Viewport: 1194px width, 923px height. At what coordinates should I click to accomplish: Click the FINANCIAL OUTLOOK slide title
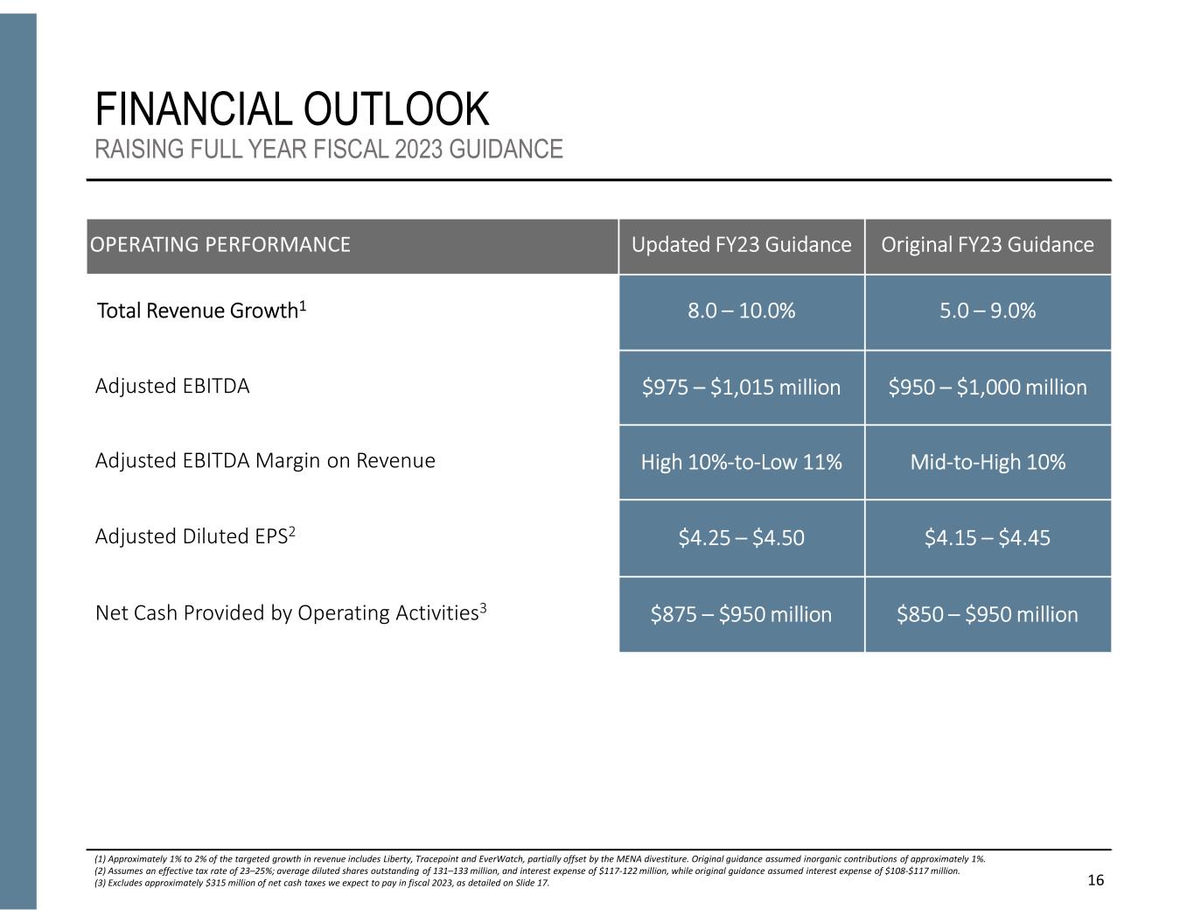point(291,110)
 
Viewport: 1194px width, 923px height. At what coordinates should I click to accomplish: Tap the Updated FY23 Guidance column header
point(741,245)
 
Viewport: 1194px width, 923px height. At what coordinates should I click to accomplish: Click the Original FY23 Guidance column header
point(987,245)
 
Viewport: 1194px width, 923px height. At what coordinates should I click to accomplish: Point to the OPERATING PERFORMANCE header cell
point(220,245)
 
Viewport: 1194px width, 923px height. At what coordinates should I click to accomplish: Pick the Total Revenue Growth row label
point(201,311)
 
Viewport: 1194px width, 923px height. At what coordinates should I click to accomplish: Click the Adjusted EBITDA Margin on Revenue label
point(264,461)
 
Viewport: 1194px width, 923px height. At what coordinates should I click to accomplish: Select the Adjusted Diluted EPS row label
point(195,536)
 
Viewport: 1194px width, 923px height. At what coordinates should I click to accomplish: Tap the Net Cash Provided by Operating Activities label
point(290,612)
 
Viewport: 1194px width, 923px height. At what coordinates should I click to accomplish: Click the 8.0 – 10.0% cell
point(741,311)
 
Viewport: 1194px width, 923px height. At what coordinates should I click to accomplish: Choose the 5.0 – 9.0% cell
point(987,311)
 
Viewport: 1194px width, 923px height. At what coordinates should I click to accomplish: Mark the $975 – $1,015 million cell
point(741,388)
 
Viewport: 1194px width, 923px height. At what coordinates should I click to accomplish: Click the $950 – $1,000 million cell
point(987,388)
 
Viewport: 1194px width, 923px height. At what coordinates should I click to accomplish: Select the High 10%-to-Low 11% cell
point(741,462)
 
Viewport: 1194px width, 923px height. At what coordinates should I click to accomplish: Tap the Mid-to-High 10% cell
point(987,462)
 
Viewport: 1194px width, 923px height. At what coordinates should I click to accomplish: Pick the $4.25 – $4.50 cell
point(741,538)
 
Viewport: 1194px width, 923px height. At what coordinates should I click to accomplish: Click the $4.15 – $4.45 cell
point(987,538)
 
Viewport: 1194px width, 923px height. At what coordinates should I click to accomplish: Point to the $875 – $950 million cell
point(741,614)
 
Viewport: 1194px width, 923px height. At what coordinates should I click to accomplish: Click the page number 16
point(1095,880)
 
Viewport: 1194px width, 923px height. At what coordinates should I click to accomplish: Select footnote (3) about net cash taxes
point(322,883)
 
